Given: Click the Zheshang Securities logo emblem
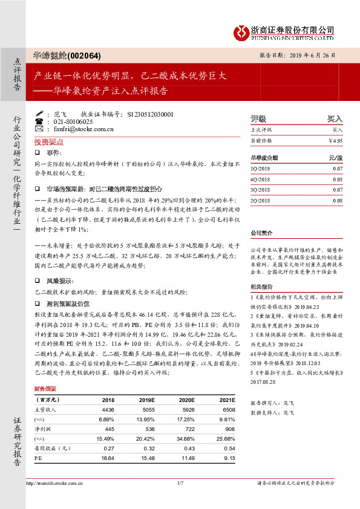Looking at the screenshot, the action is [241, 31].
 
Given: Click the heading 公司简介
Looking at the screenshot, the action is [261, 232].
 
